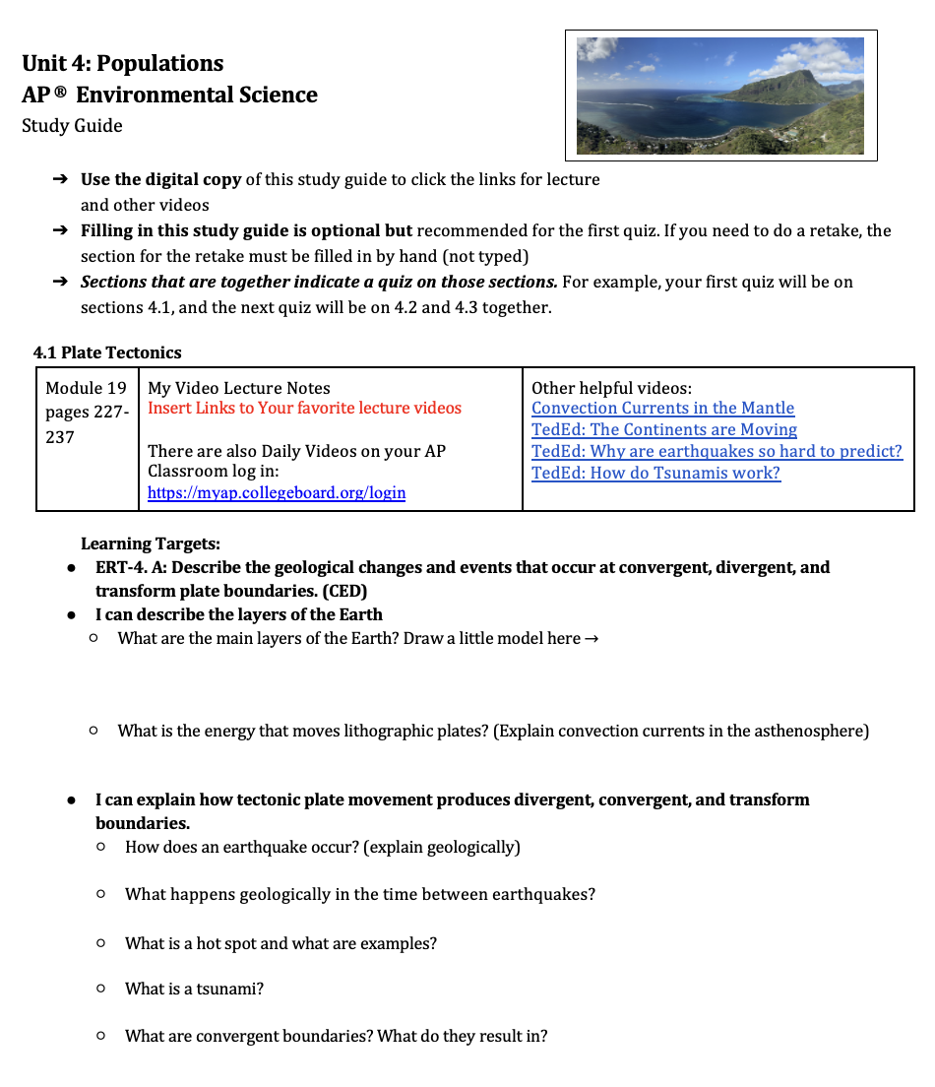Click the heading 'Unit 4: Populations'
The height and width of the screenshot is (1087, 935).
coord(122,63)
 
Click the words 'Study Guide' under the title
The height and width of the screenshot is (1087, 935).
coord(72,125)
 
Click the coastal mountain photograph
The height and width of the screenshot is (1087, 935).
coord(719,96)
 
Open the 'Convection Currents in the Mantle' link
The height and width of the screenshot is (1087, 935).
coord(662,408)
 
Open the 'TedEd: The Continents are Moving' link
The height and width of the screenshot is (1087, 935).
coord(663,429)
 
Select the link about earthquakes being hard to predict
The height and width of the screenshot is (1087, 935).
coord(716,451)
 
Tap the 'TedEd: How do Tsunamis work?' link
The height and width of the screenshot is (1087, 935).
coord(655,473)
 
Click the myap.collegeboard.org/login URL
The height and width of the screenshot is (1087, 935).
coord(277,492)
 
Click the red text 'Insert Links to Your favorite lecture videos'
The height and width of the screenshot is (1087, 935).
coord(304,408)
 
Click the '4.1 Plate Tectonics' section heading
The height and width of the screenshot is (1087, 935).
coord(107,352)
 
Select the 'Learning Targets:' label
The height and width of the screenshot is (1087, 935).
coord(151,543)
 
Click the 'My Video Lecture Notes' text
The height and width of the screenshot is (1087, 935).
coord(238,388)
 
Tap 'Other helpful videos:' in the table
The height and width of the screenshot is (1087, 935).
coord(611,388)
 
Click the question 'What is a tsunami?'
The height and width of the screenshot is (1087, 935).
coord(194,989)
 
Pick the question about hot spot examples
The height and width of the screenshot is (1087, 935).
coord(280,943)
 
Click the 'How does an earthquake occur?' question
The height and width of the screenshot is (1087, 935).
coord(322,847)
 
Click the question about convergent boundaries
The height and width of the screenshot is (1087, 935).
coord(336,1036)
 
